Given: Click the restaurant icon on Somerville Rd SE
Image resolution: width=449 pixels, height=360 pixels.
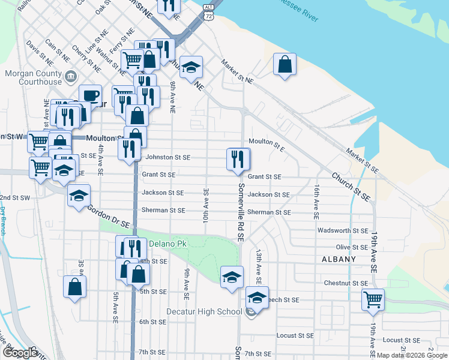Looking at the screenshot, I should click(238, 159).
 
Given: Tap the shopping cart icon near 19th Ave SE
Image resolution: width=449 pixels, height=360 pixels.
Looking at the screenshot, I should click(373, 299).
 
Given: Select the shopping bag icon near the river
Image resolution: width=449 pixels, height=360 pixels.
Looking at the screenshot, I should click(285, 64).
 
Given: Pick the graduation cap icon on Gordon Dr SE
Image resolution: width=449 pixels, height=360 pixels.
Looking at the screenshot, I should click(79, 196).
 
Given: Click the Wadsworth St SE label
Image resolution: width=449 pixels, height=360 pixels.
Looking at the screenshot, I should click(343, 230).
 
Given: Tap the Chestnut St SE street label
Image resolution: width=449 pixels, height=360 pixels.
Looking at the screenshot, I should click(346, 283).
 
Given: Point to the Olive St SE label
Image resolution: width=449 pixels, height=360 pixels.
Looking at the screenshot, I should click(352, 247).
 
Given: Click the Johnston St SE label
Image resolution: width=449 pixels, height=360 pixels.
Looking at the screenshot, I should click(168, 157).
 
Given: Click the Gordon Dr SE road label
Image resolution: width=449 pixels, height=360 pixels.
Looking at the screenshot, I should click(108, 217).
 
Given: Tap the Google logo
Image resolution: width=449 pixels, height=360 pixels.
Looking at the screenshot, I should click(21, 353).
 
